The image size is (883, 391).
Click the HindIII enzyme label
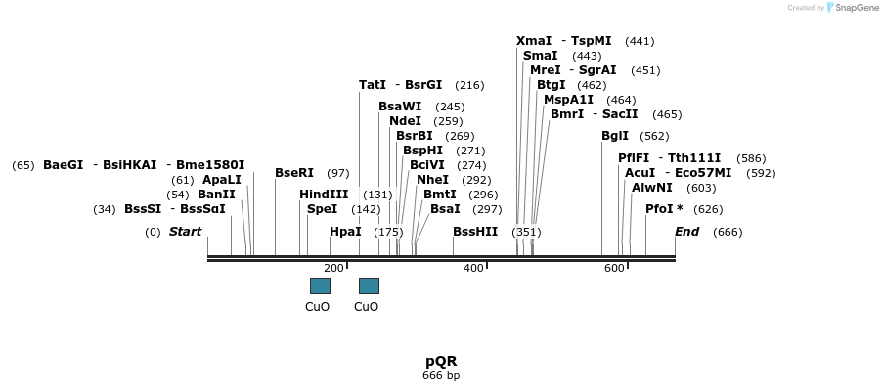[x=324, y=195]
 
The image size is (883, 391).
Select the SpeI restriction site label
[x=322, y=209]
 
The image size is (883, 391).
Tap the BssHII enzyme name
[x=475, y=232]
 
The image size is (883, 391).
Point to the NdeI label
[x=405, y=121]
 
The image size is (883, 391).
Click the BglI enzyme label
[x=615, y=136]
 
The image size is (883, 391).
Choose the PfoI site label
[x=664, y=209]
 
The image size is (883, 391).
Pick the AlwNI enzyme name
[x=652, y=188]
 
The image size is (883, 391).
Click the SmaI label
[x=540, y=56]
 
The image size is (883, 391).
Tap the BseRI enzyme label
[x=294, y=173]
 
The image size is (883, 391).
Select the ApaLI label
[x=221, y=180]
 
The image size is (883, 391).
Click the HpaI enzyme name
[x=345, y=232]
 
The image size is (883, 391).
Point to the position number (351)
[x=526, y=232]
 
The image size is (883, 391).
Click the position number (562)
[x=655, y=136]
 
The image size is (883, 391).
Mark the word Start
[x=185, y=232]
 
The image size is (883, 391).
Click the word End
[x=687, y=232]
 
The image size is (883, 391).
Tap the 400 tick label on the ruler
[x=473, y=268]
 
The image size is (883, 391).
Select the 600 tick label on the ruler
[x=614, y=268]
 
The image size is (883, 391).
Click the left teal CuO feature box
[x=320, y=285]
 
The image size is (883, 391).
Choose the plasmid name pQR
[x=441, y=361]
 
